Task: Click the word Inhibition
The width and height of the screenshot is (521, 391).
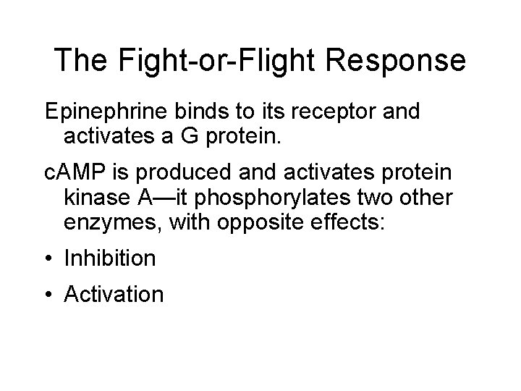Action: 110,258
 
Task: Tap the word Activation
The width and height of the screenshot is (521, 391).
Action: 114,294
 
